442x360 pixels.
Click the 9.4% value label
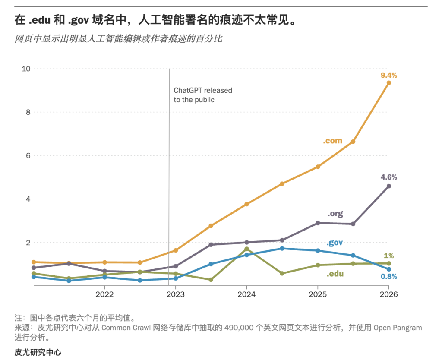click(389, 75)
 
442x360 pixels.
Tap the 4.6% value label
click(389, 177)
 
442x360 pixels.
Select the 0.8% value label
click(389, 277)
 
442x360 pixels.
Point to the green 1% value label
click(389, 256)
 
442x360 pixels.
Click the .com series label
click(333, 141)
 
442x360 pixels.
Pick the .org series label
click(335, 214)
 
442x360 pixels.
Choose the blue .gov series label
click(335, 243)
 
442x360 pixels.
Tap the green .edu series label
click(335, 274)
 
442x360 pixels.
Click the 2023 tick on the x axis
click(175, 294)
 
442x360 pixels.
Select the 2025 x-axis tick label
click(318, 294)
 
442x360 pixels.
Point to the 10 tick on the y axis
click(26, 69)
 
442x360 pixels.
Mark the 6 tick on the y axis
click(28, 156)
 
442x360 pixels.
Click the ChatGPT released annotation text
click(203, 95)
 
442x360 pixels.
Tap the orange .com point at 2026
click(389, 83)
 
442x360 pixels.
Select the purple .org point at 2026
click(389, 186)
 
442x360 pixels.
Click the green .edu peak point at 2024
click(246, 249)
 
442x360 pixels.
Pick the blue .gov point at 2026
click(389, 269)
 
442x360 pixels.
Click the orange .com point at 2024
click(246, 204)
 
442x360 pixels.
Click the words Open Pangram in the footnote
click(398, 328)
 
